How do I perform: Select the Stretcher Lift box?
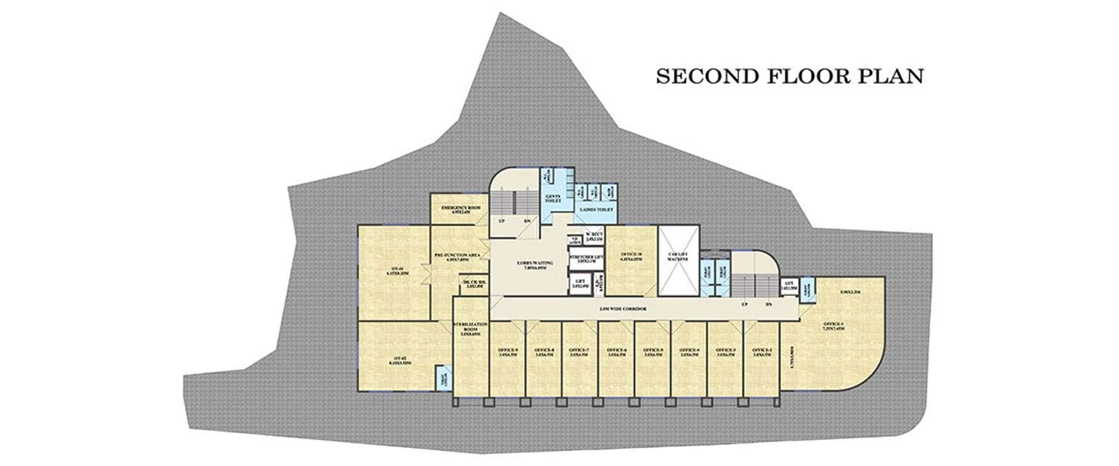pyautogui.click(x=586, y=259)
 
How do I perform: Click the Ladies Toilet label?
pyautogui.click(x=595, y=211)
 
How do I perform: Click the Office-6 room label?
pyautogui.click(x=616, y=352)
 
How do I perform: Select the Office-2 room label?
pyautogui.click(x=762, y=352)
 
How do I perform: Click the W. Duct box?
pyautogui.click(x=594, y=237)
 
